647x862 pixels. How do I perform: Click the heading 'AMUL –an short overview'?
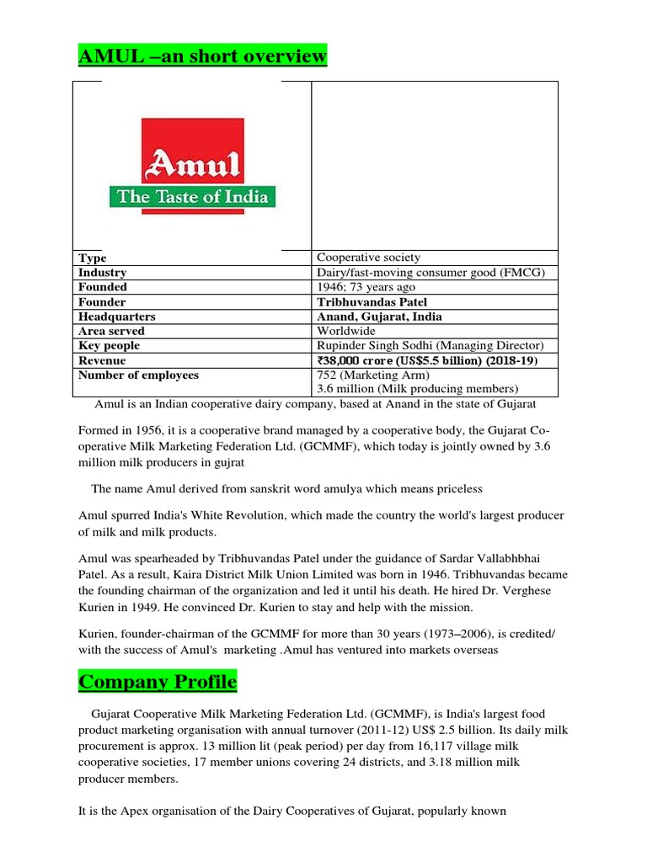point(202,56)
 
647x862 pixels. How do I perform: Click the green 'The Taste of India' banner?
point(194,198)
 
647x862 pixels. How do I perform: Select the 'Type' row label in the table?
point(93,258)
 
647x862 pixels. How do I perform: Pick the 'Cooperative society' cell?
point(368,258)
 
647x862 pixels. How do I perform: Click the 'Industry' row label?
point(102,273)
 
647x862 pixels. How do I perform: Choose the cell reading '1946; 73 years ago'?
point(366,287)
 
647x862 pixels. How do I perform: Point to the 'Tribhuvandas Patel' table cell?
point(372,302)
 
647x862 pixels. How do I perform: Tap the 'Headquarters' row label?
point(117,317)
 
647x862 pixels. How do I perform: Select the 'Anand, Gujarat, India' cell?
point(379,317)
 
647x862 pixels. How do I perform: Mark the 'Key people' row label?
point(109,346)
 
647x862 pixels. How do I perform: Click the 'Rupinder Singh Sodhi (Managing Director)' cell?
point(430,346)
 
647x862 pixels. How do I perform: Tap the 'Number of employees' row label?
point(138,375)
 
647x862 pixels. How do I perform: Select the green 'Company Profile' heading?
point(158,681)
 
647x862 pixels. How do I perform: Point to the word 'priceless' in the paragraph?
point(455,489)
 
